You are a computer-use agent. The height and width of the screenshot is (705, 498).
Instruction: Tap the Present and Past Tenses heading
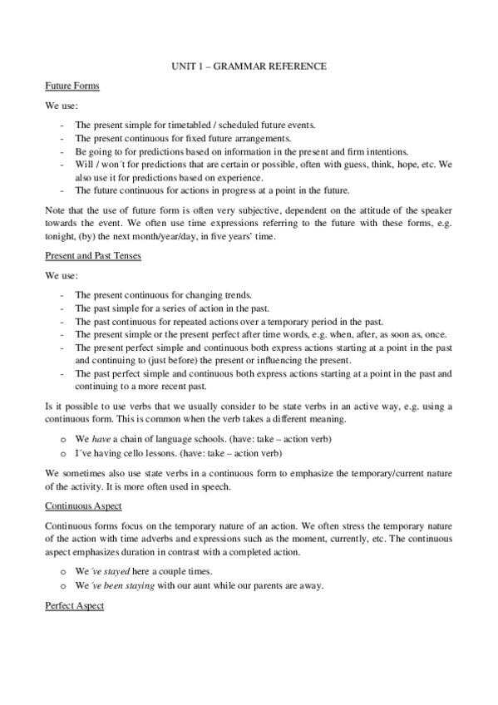tap(93, 255)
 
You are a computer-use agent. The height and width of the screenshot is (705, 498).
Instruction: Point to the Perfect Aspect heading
tap(75, 606)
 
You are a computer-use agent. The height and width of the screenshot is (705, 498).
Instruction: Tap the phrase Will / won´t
tap(96, 165)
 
